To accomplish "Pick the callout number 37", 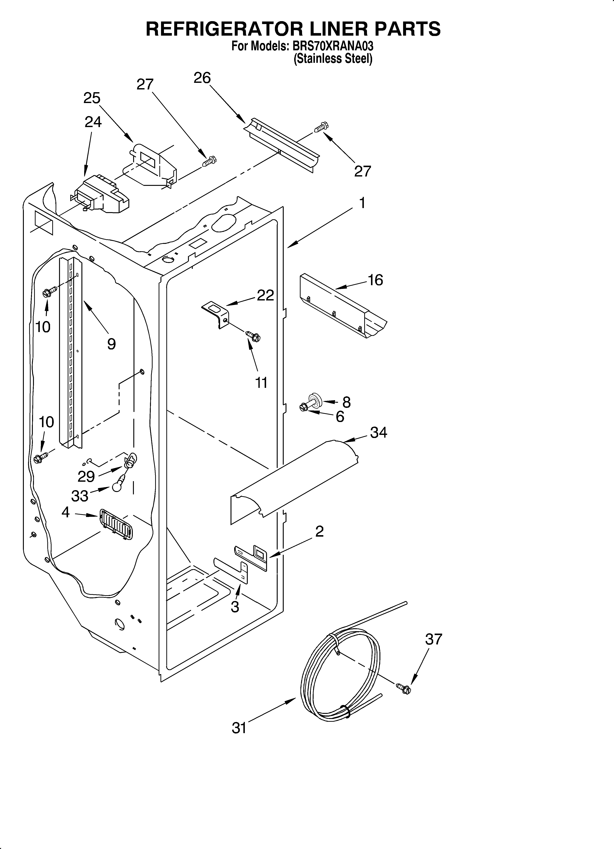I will pos(433,639).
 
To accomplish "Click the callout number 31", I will pos(239,728).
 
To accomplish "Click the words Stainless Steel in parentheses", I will pos(333,59).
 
